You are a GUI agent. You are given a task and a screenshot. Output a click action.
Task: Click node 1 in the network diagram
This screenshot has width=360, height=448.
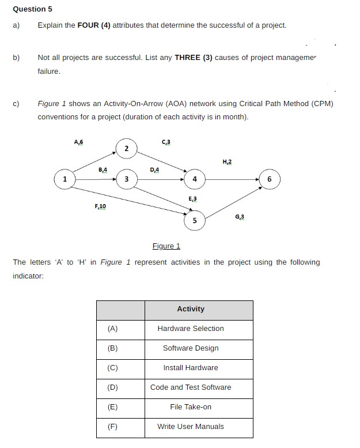pos(65,179)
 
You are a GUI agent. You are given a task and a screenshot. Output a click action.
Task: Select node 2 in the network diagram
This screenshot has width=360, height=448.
pos(126,148)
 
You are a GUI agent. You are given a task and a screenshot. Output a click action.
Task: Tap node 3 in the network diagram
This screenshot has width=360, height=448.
pos(126,179)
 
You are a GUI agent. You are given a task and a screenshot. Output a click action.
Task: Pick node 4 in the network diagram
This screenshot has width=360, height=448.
pos(195,179)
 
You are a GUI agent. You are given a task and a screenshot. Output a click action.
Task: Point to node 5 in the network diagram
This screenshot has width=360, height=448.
pos(195,221)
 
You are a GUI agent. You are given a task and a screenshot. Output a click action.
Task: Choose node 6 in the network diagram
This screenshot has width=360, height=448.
pos(269,179)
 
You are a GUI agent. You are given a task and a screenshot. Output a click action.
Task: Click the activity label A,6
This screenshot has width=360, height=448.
pos(79,142)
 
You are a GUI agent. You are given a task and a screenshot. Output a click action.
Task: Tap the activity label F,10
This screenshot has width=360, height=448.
pos(100,206)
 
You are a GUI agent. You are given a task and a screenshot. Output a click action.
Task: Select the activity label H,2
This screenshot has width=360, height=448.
pos(226,162)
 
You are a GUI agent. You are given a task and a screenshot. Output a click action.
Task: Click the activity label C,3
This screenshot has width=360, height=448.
pos(166,142)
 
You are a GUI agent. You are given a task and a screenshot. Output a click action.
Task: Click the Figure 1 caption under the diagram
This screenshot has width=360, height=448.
pos(166,246)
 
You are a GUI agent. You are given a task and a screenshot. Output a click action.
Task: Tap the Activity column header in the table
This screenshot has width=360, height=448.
pos(191,309)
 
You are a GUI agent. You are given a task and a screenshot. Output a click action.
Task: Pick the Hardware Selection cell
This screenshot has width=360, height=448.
pos(191,329)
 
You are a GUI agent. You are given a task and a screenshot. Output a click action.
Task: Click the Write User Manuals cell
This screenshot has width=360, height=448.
pos(191,427)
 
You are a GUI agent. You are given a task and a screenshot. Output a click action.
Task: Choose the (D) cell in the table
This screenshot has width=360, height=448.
pos(113,387)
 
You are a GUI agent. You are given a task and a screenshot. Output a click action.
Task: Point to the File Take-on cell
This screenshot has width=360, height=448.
pos(191,407)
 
